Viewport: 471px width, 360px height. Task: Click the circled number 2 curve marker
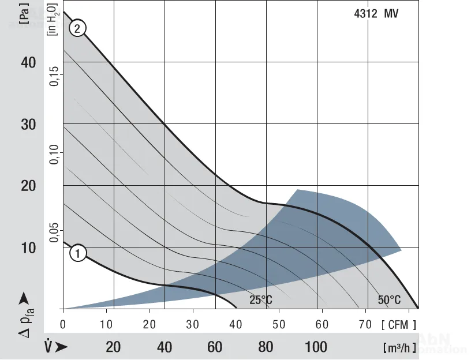[78, 28]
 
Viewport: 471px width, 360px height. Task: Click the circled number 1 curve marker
[78, 252]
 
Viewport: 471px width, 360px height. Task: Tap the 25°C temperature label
[261, 300]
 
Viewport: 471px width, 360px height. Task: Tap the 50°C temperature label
[389, 300]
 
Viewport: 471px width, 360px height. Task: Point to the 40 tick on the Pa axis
[29, 62]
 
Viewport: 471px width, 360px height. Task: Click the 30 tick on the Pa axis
[29, 124]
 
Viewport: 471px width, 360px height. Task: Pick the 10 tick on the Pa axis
[29, 247]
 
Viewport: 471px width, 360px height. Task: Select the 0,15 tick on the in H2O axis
[54, 76]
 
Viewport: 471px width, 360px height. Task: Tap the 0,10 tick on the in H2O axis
[54, 154]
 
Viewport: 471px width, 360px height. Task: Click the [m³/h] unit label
[398, 347]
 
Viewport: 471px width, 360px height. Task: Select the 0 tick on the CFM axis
[63, 325]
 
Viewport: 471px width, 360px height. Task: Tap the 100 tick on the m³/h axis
[316, 347]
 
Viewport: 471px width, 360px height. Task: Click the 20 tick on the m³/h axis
[114, 347]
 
